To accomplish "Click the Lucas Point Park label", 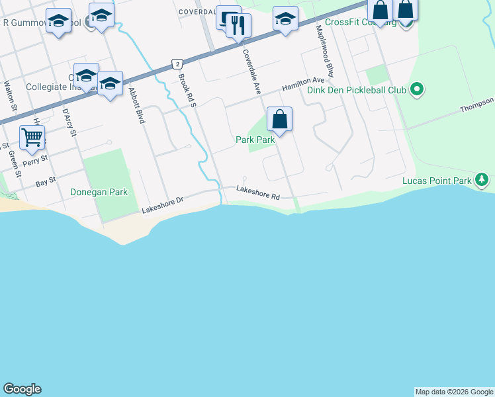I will (x=437, y=181).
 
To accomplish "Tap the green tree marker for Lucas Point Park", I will (x=482, y=179).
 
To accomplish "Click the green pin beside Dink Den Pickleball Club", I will (x=416, y=89).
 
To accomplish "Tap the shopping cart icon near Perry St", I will (x=32, y=137).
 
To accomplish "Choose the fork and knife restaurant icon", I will (x=238, y=26).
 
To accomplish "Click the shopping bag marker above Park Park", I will (x=280, y=119).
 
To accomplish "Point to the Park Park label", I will (x=255, y=140).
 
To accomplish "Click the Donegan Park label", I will (x=99, y=192).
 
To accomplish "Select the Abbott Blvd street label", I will (x=136, y=106).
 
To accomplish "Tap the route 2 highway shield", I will (x=176, y=64).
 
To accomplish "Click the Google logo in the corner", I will (x=22, y=389).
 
